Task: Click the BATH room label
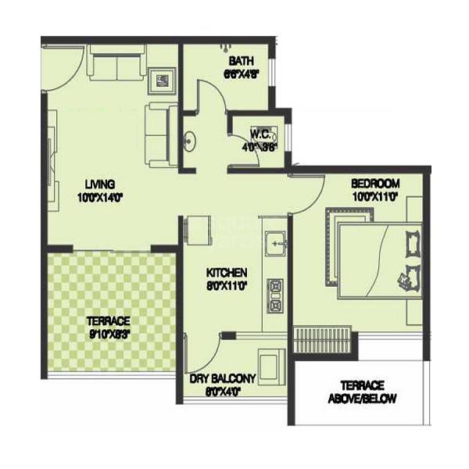[240, 61]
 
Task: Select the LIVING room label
[102, 184]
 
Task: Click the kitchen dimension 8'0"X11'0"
[227, 285]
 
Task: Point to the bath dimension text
[240, 75]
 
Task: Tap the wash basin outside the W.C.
[188, 142]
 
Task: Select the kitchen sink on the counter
[275, 243]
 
